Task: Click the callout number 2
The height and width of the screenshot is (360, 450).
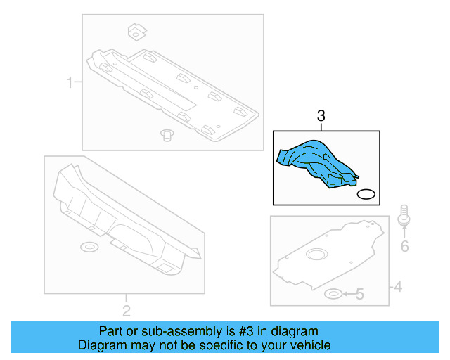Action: tap(126, 310)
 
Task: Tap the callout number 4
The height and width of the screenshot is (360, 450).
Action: tap(397, 286)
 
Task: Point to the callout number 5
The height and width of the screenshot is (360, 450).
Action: tap(359, 294)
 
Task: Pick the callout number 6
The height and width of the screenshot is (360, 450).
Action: tap(404, 245)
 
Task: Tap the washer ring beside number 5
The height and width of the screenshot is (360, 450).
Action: tap(334, 293)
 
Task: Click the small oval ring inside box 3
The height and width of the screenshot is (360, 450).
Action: tap(366, 194)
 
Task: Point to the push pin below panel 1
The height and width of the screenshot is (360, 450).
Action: tap(167, 134)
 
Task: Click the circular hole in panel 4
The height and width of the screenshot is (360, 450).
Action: tap(317, 254)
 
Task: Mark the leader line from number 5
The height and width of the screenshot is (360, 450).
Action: tap(347, 294)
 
